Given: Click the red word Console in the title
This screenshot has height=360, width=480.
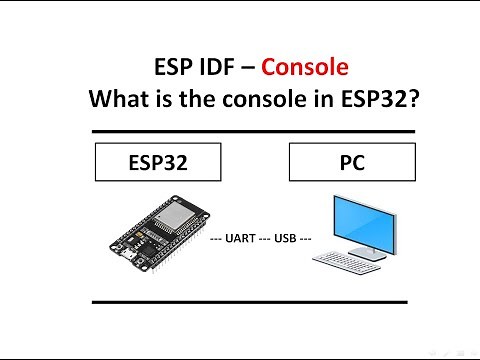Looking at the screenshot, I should (305, 68).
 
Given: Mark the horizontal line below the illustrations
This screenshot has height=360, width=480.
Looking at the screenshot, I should (249, 300).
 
